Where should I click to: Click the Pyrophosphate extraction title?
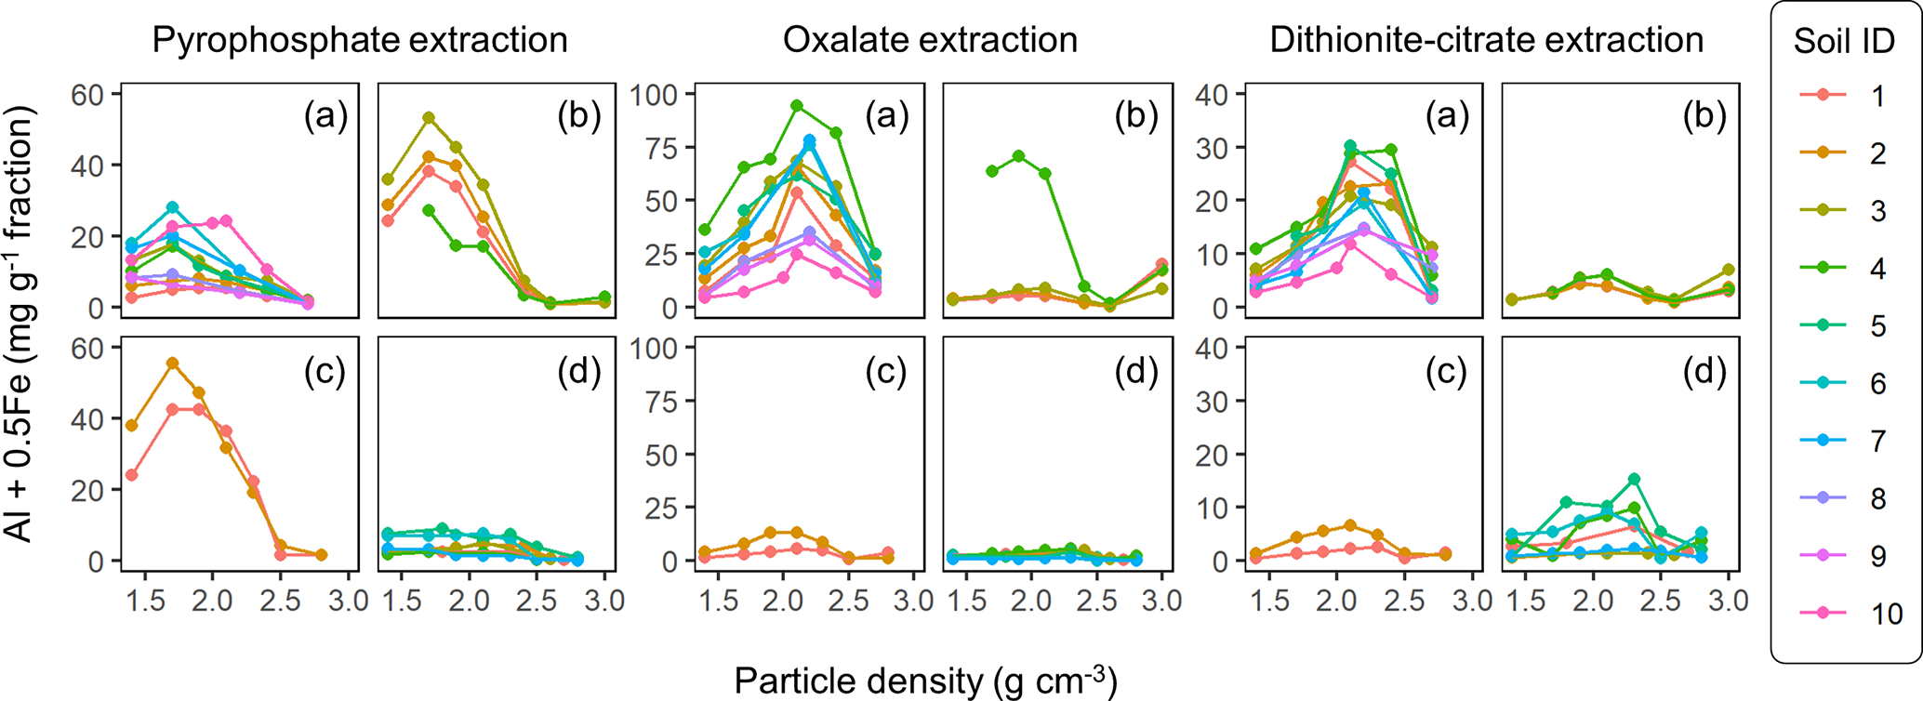[x=359, y=40]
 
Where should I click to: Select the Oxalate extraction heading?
[x=930, y=40]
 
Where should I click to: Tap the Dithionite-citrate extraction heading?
[x=1486, y=40]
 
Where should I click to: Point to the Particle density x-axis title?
[x=925, y=681]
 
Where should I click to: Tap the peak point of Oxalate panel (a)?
[x=797, y=106]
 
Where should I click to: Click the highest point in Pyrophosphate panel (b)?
[x=429, y=118]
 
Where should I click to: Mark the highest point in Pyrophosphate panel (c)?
[x=172, y=364]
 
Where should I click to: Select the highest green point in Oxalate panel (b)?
[x=1019, y=156]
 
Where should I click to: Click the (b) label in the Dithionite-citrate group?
[x=1704, y=115]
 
